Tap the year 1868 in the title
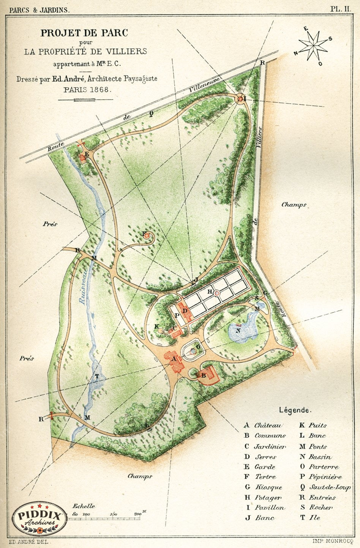[100, 90]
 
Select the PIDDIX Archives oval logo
[38, 518]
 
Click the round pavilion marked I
[240, 99]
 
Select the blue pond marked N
[241, 330]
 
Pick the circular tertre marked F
[147, 236]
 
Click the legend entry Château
[268, 426]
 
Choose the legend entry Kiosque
[268, 487]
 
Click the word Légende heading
[295, 410]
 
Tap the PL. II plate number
[341, 10]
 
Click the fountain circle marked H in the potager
[216, 293]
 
